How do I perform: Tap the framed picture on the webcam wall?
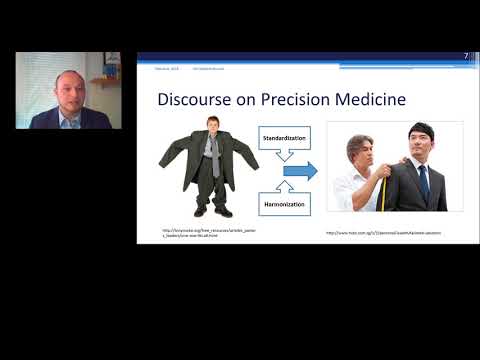[112, 59]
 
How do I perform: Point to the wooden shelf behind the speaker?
[104, 80]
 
